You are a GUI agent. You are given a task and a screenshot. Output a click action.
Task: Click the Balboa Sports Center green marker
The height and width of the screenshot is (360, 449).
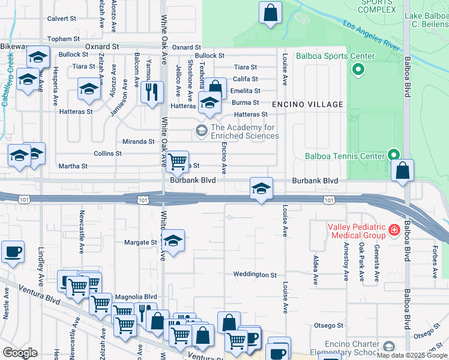[358, 71]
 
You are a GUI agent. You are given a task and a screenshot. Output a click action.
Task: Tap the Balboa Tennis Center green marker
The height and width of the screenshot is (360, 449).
[394, 154]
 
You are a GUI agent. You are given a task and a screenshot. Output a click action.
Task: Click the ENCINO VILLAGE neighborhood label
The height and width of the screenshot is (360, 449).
[307, 104]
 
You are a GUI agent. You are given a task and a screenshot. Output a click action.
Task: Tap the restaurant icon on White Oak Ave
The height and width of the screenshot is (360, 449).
[151, 92]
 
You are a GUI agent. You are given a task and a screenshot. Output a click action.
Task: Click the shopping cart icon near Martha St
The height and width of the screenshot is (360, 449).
[176, 161]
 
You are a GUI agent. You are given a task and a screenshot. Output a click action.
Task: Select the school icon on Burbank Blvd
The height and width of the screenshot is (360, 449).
[261, 188]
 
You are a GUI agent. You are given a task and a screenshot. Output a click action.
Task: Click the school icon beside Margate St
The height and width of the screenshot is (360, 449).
[173, 241]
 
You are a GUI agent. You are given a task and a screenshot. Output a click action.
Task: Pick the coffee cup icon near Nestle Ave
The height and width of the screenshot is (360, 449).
[13, 252]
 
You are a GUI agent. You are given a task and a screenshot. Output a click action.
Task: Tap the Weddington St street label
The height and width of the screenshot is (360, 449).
[255, 275]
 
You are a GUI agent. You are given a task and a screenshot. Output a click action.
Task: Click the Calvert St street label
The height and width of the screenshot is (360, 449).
[62, 19]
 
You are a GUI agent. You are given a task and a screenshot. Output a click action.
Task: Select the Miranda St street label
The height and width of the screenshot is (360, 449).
[139, 142]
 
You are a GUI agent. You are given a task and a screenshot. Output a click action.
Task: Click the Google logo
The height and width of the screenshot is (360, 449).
[20, 353]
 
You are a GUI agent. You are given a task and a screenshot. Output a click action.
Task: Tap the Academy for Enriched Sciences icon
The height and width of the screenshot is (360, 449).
[201, 130]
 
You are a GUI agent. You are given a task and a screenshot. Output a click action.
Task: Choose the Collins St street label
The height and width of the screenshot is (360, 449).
[108, 154]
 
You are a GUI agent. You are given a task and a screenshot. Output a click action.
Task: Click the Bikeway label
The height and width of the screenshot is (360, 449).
[14, 46]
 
